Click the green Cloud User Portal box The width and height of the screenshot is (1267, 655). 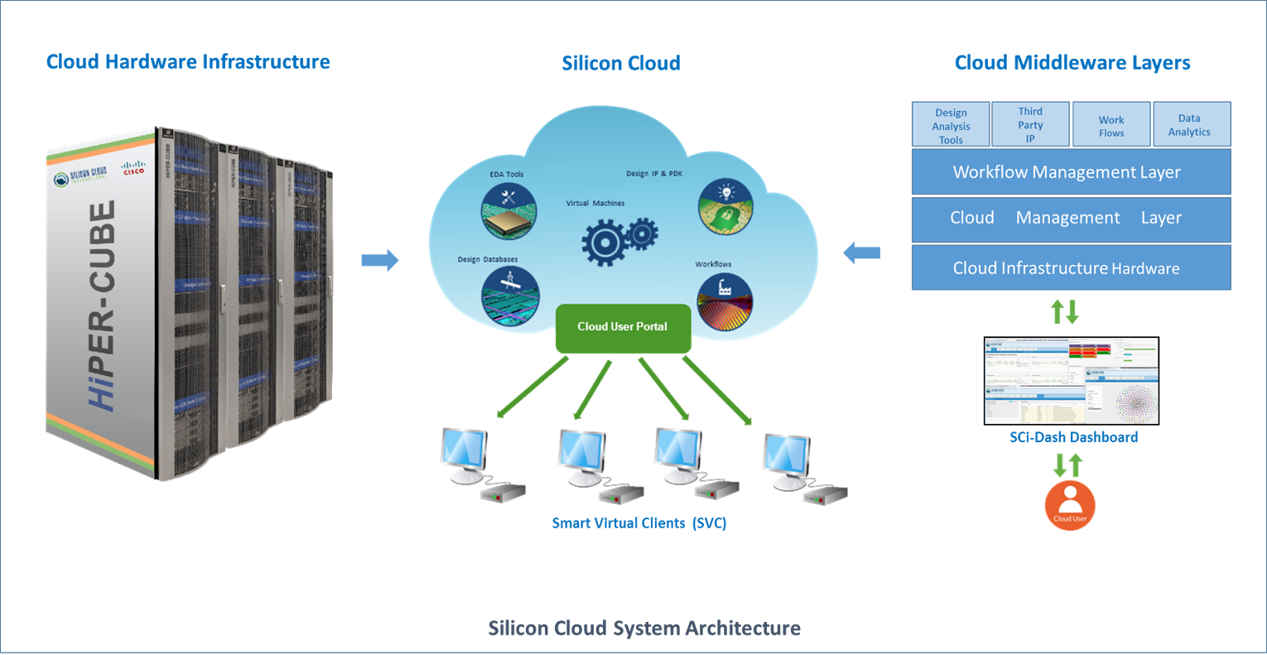(623, 328)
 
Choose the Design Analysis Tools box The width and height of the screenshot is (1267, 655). (951, 126)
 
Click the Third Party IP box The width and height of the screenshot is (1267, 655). (1030, 125)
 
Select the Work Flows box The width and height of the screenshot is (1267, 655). (1111, 126)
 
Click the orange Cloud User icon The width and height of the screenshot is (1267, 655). (1070, 505)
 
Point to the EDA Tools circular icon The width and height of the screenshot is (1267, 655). (509, 210)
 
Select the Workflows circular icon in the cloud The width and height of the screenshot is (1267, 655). (725, 301)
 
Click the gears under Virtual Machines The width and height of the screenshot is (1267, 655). (619, 239)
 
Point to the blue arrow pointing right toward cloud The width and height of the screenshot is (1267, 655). (379, 260)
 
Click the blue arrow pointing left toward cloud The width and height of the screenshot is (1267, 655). (862, 253)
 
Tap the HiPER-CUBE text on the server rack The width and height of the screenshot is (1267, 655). (103, 306)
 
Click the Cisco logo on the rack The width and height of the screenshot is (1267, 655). (133, 168)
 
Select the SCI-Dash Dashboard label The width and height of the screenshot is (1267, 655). (1073, 436)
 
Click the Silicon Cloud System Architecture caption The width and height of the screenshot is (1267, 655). (643, 629)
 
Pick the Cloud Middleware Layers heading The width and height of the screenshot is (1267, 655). (1072, 63)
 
